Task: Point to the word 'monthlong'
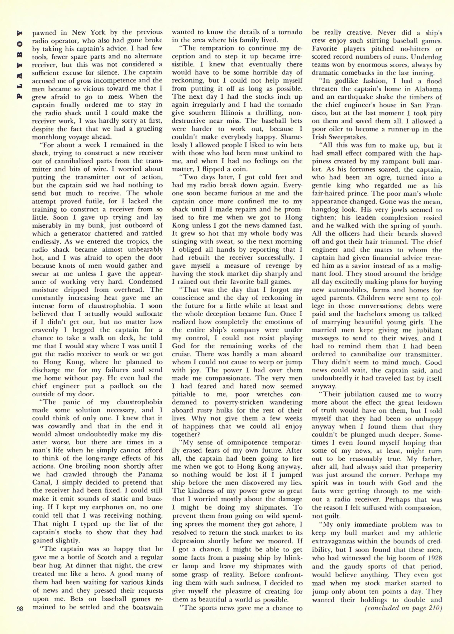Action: click(49, 137)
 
